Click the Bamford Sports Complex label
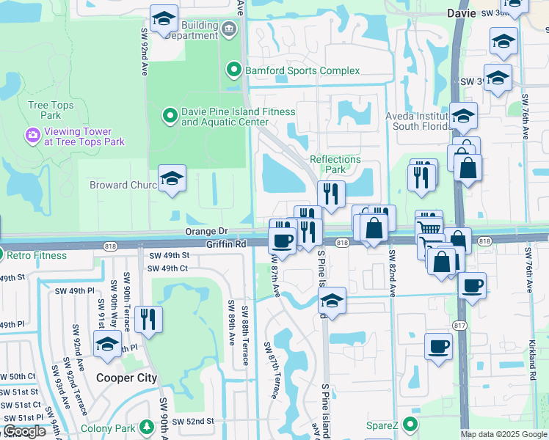[x=302, y=70]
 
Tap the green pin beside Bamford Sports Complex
[x=234, y=70]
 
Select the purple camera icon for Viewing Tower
[x=32, y=135]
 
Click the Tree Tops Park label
[x=51, y=110]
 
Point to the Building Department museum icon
[x=228, y=29]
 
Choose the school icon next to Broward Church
[x=172, y=179]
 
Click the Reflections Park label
[x=335, y=164]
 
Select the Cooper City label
[x=127, y=378]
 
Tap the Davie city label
[x=462, y=12]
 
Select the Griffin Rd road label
[x=225, y=243]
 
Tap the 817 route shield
[x=460, y=325]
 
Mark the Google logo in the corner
[x=24, y=431]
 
